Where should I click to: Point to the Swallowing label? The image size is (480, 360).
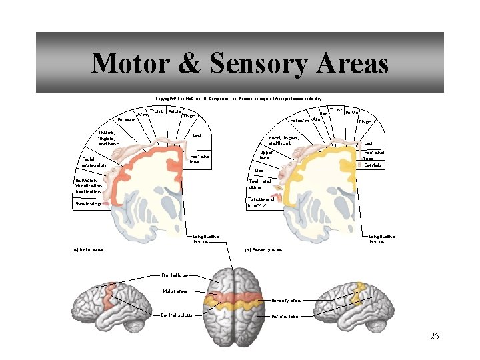[x=89, y=204]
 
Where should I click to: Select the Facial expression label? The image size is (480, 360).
[x=94, y=162]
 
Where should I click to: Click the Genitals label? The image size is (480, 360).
[x=373, y=165]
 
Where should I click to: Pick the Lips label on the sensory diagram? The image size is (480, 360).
[x=259, y=171]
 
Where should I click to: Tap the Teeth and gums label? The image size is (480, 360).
[x=259, y=184]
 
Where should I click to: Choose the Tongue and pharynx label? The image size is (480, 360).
[x=261, y=201]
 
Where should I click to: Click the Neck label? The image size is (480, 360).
[x=325, y=113]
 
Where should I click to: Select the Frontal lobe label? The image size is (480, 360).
[x=175, y=275]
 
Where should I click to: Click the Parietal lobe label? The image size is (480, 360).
[x=285, y=316]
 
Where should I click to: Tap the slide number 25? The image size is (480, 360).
[x=434, y=336]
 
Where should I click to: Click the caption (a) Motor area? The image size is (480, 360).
[x=87, y=250]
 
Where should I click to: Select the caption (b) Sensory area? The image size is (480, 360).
[x=263, y=250]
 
